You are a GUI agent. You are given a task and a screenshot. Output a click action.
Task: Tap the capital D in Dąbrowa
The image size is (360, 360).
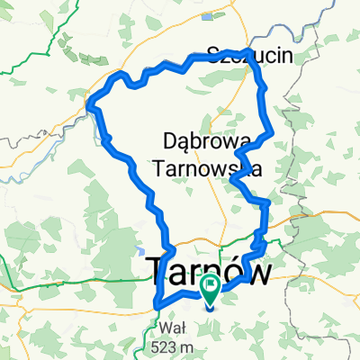click(168, 139)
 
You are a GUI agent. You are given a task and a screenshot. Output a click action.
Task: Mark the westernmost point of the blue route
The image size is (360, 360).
click(90, 108)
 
